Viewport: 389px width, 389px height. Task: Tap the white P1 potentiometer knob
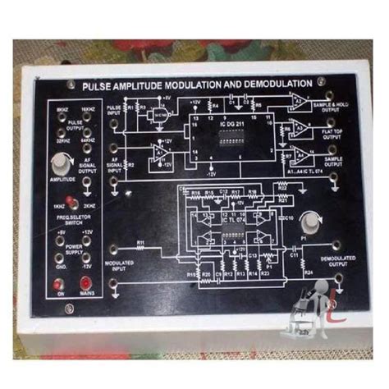[x=309, y=223]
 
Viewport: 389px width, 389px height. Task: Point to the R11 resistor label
[x=140, y=244]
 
